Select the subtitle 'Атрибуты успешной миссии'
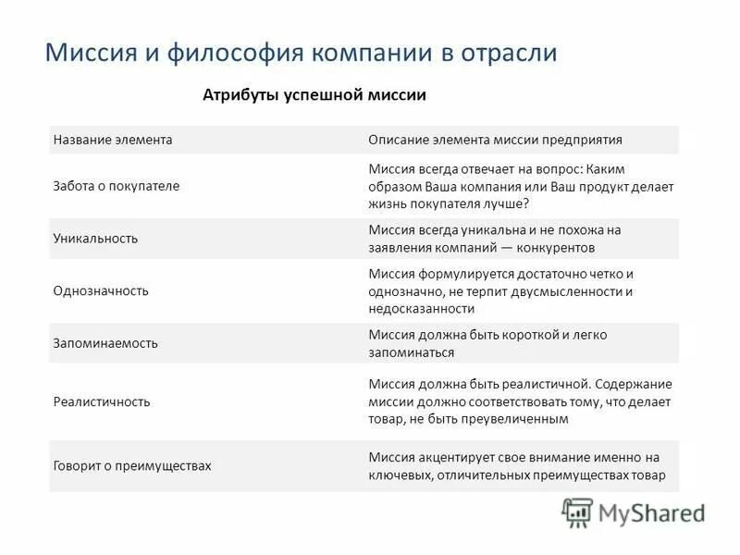pyautogui.click(x=314, y=95)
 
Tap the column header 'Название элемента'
pyautogui.click(x=113, y=140)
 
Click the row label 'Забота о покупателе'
pyautogui.click(x=116, y=185)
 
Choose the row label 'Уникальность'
pyautogui.click(x=95, y=238)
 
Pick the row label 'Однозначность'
pyautogui.click(x=101, y=290)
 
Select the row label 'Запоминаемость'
pyautogui.click(x=105, y=343)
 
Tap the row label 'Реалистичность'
pyautogui.click(x=102, y=402)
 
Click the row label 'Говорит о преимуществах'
pyautogui.click(x=132, y=465)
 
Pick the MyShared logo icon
pyautogui.click(x=577, y=512)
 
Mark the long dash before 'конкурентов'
pyautogui.click(x=501, y=248)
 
